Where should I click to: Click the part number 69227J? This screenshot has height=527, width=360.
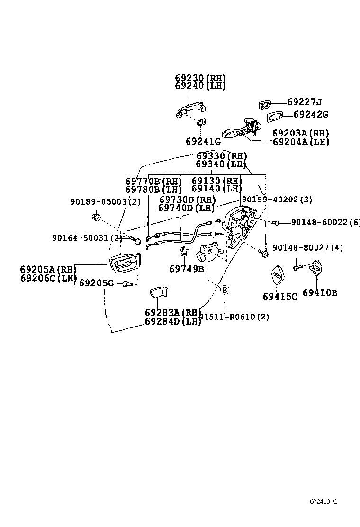pyautogui.click(x=304, y=101)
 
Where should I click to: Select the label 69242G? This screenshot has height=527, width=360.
pyautogui.click(x=311, y=114)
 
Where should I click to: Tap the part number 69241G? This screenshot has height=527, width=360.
pyautogui.click(x=204, y=142)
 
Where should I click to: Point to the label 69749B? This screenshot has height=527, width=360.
pyautogui.click(x=187, y=269)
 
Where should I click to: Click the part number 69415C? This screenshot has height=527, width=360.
pyautogui.click(x=280, y=297)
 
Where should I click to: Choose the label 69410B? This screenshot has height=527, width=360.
pyautogui.click(x=320, y=293)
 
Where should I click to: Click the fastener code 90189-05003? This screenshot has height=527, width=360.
pyautogui.click(x=99, y=202)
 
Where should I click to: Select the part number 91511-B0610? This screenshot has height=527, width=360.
pyautogui.click(x=227, y=317)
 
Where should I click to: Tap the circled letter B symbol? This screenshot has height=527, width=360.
pyautogui.click(x=225, y=290)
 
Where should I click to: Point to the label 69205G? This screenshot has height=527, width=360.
pyautogui.click(x=96, y=283)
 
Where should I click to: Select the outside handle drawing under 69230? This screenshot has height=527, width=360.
pyautogui.click(x=190, y=109)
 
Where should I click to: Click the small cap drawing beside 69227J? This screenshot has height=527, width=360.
pyautogui.click(x=265, y=105)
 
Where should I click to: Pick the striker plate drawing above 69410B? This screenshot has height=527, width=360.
pyautogui.click(x=316, y=266)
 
